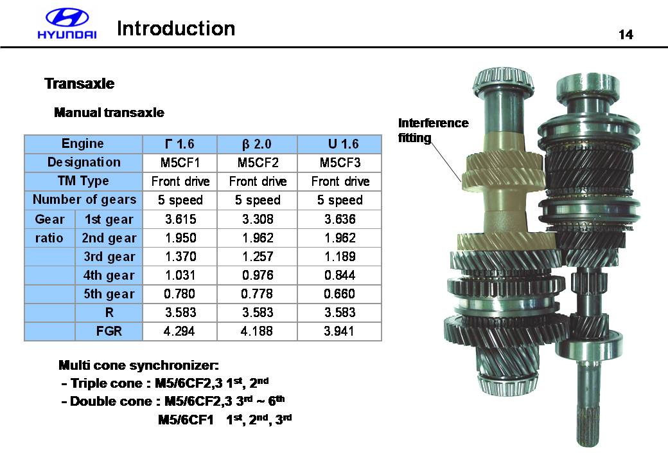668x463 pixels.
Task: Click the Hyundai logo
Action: pos(67,24)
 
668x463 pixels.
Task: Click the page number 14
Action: pos(626,35)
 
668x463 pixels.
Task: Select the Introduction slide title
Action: pos(176,28)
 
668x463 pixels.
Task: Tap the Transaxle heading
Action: pos(80,84)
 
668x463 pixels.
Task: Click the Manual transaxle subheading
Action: pos(109,113)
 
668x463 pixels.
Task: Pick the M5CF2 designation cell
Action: pos(258,163)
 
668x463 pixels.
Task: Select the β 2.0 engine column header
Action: pos(257,144)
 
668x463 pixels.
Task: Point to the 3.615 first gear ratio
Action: pos(180,219)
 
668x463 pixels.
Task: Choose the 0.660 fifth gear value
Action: pos(340,294)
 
